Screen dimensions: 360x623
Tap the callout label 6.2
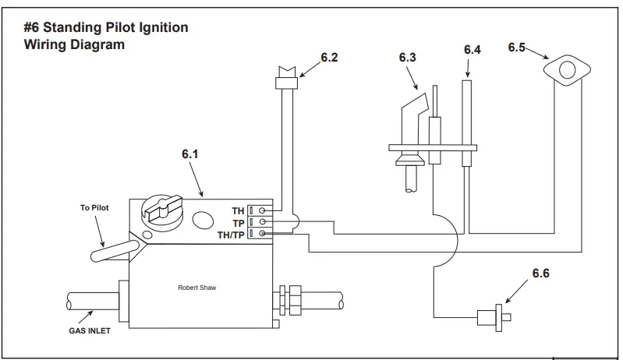(329, 58)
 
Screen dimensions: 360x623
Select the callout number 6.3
(407, 57)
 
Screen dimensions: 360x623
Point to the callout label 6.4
(473, 50)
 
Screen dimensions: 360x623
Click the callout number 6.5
(517, 48)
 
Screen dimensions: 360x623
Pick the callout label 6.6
(542, 274)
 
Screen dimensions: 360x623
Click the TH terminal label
(238, 210)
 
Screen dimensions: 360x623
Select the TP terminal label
(239, 222)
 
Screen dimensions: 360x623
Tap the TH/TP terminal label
(232, 234)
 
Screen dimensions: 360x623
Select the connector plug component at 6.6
(490, 317)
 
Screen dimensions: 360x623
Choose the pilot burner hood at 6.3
(412, 109)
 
